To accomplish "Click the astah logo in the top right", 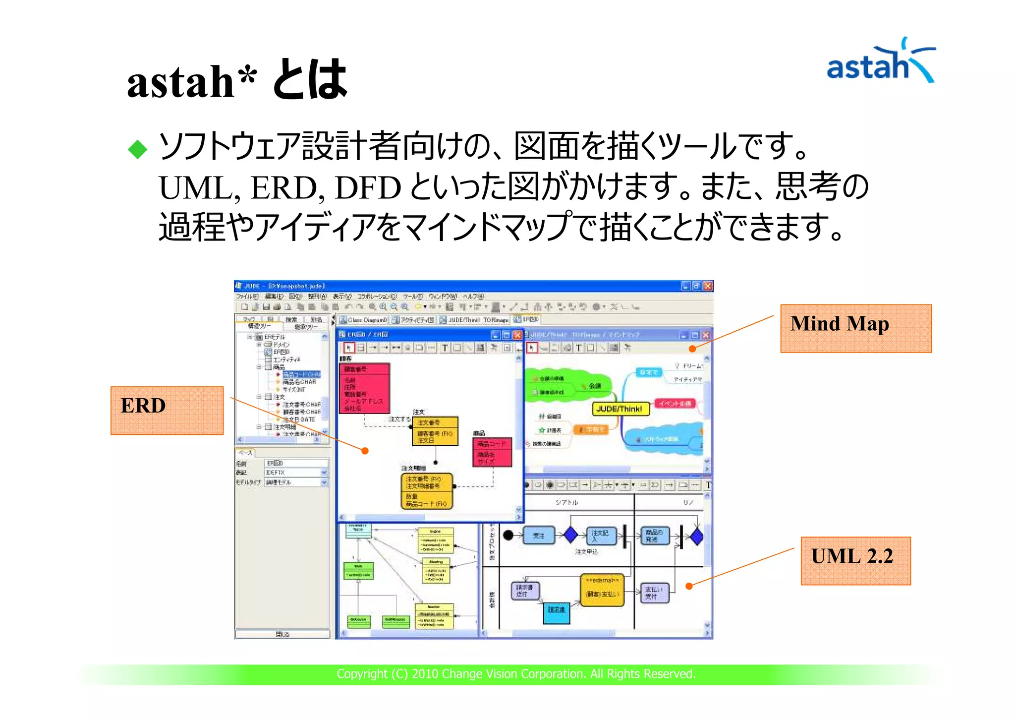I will (x=880, y=61).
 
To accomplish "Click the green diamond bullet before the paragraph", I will (x=137, y=149).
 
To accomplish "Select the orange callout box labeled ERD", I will (x=167, y=410).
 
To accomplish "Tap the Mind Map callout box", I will (x=855, y=328).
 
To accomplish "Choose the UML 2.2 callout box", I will (x=855, y=560).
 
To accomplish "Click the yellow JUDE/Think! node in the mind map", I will (x=620, y=409).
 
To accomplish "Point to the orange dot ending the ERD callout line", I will (x=365, y=451).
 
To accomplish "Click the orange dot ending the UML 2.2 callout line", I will (x=689, y=586).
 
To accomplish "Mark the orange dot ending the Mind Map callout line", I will (x=692, y=349).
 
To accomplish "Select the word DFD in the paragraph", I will (x=367, y=188).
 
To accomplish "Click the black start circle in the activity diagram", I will (x=508, y=535).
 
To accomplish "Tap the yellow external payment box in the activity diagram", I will (x=602, y=590).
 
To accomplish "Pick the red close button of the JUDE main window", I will (x=708, y=286).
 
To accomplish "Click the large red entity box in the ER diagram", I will (x=364, y=388).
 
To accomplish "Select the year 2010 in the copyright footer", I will (x=425, y=674).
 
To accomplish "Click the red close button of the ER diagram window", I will (x=517, y=335).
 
